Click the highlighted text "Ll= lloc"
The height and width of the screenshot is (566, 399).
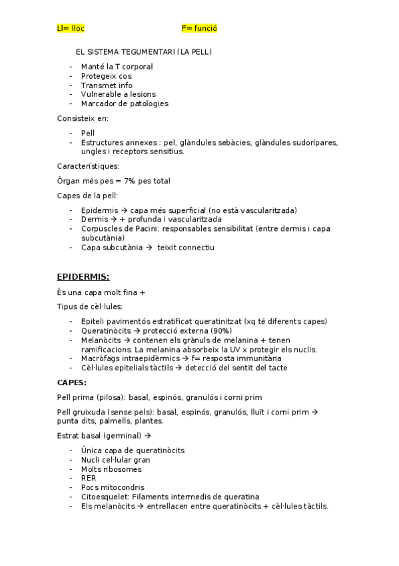pyautogui.click(x=71, y=29)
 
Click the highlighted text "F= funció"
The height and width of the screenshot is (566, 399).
pyautogui.click(x=199, y=29)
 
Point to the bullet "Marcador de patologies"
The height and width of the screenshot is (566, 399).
pyautogui.click(x=125, y=103)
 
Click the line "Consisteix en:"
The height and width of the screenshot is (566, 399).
pyautogui.click(x=83, y=118)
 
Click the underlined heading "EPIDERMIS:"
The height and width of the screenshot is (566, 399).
pyautogui.click(x=83, y=276)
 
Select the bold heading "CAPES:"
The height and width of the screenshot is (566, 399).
pyautogui.click(x=72, y=382)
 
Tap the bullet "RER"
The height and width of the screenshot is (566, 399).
pyautogui.click(x=88, y=478)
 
